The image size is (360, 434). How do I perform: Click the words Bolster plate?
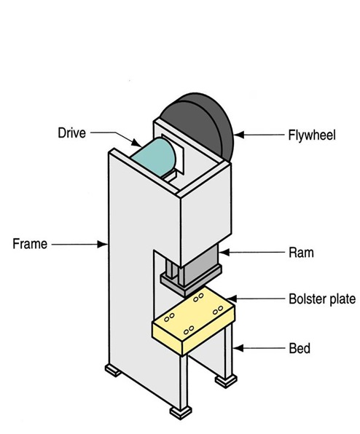(x=320, y=299)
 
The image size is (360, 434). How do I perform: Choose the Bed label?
(x=299, y=348)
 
